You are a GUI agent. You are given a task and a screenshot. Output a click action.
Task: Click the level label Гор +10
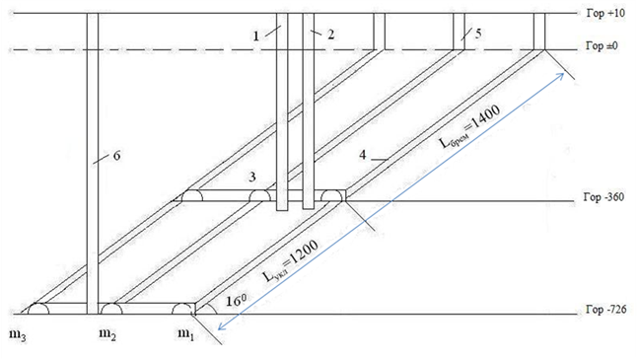click(x=605, y=14)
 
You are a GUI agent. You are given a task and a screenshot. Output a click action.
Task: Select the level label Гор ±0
click(x=602, y=45)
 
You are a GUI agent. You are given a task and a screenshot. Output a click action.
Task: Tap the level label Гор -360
click(x=603, y=197)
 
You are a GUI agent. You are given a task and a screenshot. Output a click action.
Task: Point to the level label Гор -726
click(x=605, y=310)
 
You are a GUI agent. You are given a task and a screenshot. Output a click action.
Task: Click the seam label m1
click(x=186, y=334)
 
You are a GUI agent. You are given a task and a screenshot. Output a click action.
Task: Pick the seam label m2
click(x=107, y=334)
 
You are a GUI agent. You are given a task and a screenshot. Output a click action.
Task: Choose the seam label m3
click(x=18, y=335)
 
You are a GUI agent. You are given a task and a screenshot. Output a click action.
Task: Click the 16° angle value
click(x=236, y=301)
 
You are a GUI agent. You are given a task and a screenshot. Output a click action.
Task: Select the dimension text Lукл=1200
click(x=290, y=260)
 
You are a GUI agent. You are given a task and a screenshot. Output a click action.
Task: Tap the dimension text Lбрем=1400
click(x=469, y=126)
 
